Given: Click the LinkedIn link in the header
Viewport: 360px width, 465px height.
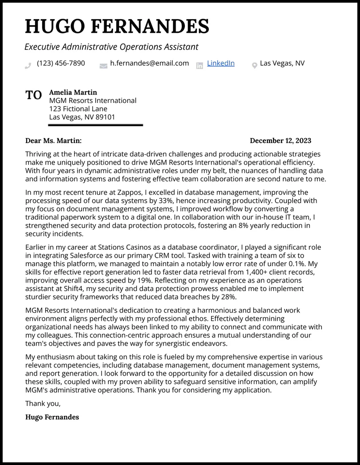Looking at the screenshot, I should click(x=220, y=63).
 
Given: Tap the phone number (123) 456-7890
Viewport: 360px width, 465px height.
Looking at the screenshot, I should click(x=61, y=63).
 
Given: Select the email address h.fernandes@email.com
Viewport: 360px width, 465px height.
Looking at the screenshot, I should click(x=149, y=63).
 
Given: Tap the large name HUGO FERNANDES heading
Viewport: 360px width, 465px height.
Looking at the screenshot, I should click(x=117, y=27).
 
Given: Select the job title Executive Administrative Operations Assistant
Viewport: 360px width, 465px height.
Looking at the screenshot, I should click(x=111, y=47).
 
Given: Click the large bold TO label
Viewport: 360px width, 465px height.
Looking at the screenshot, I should click(x=34, y=95).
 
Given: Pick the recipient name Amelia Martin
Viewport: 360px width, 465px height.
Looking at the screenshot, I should click(x=73, y=92).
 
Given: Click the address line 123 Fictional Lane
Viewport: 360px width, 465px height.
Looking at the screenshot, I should click(x=78, y=109).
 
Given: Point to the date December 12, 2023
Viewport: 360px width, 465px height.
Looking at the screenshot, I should click(x=280, y=141).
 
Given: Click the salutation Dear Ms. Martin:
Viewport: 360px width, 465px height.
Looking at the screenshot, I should click(x=53, y=141).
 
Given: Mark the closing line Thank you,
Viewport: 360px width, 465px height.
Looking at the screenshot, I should click(x=43, y=404).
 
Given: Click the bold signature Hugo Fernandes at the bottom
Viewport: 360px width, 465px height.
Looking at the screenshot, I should click(x=52, y=417).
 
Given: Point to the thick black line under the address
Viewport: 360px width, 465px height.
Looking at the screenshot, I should click(x=95, y=125).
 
